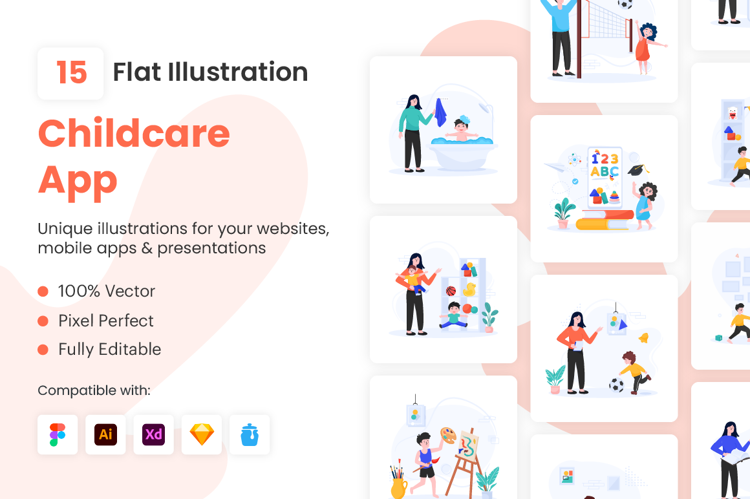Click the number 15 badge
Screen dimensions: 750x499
coord(70,74)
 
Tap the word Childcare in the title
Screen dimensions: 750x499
coord(134,133)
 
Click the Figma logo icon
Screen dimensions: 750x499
coord(58,434)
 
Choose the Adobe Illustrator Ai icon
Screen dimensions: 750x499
coord(105,434)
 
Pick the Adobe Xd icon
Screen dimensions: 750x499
coord(153,434)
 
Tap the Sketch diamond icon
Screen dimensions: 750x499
coord(202,434)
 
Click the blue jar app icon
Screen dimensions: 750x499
coord(250,435)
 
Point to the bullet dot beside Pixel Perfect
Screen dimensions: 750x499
coord(43,321)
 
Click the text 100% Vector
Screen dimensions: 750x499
coord(107,291)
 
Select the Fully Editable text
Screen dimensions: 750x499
coord(109,350)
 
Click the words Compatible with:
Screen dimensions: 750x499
coord(94,390)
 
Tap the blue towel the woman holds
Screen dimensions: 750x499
coord(440,113)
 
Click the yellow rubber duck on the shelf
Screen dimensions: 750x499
coord(469,290)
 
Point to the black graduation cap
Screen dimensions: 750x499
coord(638,170)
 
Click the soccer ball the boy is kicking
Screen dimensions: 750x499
coord(617,385)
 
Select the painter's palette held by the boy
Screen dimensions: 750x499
coord(448,436)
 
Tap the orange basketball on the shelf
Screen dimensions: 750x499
coord(451,291)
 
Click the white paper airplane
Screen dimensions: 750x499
coord(555,167)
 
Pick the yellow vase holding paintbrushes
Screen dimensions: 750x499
coord(398,487)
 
